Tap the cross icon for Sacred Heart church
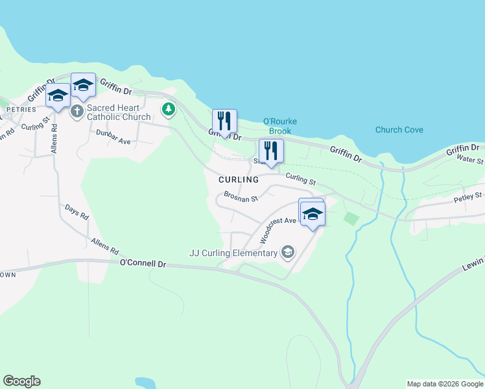(x=77, y=112)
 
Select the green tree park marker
(x=169, y=109)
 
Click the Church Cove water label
(x=399, y=130)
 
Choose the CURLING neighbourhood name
(x=239, y=179)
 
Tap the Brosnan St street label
(x=241, y=196)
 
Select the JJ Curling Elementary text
(x=233, y=253)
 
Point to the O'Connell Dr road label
(x=143, y=264)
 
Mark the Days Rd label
(x=77, y=212)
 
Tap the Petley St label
(x=468, y=196)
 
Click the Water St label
(x=471, y=159)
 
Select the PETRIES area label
(x=16, y=110)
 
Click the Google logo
(x=21, y=381)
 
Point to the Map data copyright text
(x=445, y=384)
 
